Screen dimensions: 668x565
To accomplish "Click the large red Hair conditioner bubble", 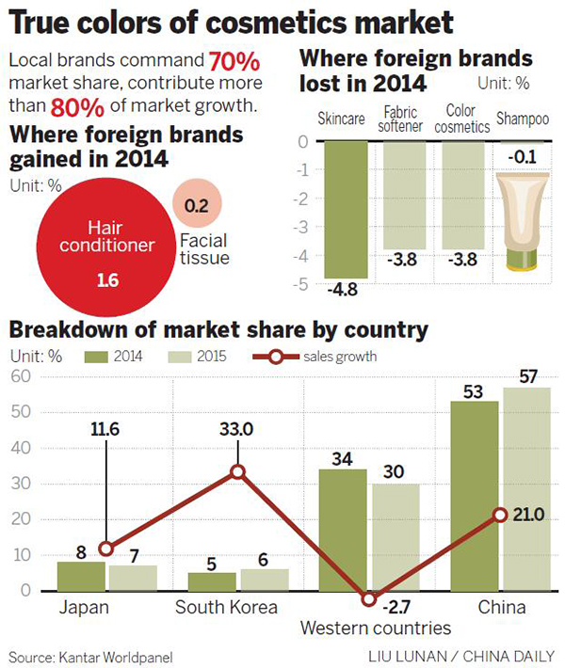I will tap(102, 254).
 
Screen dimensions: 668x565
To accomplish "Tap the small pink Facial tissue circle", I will tap(198, 203).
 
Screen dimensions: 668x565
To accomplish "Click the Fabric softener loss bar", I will tap(404, 195).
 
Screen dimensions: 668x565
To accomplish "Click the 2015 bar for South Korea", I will tap(264, 580).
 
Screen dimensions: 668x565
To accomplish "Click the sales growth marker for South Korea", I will tap(238, 472).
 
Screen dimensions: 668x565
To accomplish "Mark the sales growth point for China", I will tap(500, 516).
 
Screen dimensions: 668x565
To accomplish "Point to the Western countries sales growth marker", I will tap(369, 599).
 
